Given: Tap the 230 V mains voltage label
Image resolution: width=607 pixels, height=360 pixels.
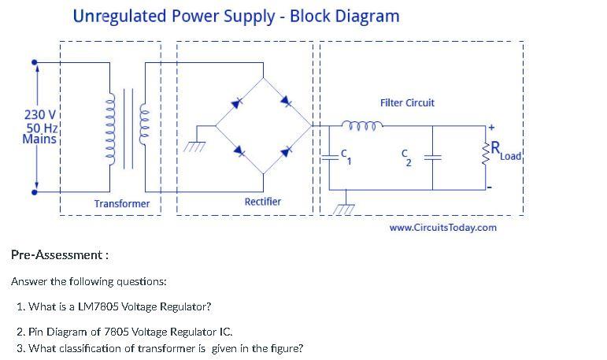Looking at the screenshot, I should (x=39, y=116).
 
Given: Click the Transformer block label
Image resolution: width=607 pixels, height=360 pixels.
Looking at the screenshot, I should (x=122, y=204).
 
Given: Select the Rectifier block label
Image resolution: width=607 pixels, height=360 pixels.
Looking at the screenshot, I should (x=262, y=202).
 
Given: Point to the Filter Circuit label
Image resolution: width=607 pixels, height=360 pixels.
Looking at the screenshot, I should (x=407, y=103).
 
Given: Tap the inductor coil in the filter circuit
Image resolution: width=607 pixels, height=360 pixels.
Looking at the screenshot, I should (x=362, y=124).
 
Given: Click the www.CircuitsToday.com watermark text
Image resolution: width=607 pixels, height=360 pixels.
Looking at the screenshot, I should (x=443, y=228).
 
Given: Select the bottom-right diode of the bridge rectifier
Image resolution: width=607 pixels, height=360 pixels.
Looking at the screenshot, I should (x=287, y=148).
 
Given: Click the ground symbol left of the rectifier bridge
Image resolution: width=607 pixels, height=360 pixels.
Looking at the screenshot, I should (x=193, y=146).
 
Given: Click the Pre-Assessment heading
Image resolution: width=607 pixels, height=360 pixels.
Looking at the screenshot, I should (x=59, y=254).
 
